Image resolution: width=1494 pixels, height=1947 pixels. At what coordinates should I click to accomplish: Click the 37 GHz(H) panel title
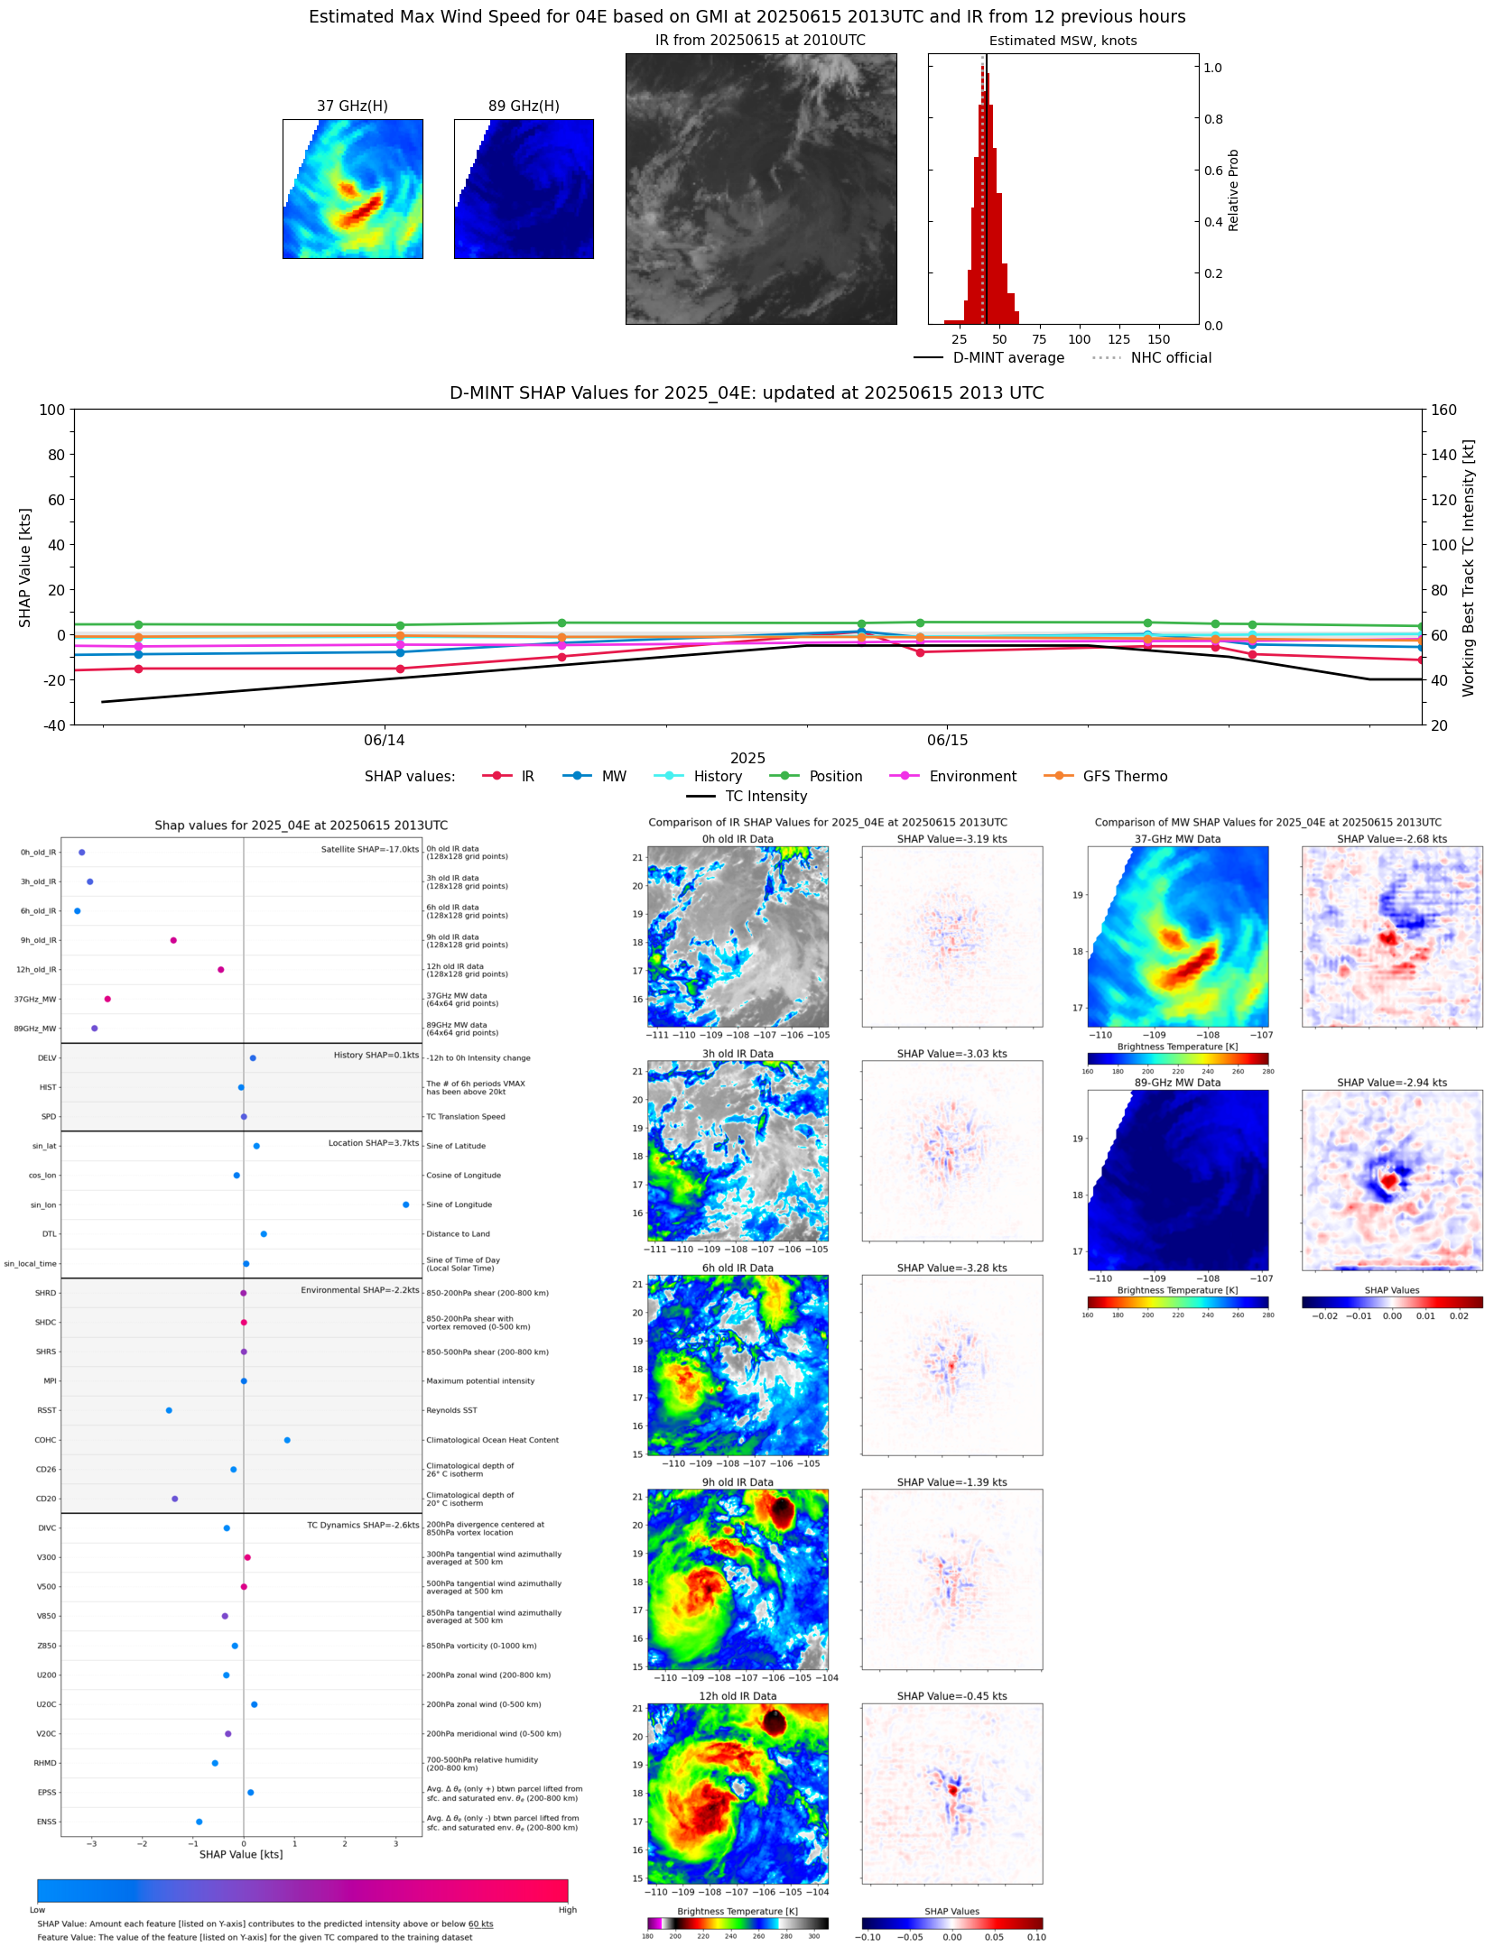pyautogui.click(x=352, y=106)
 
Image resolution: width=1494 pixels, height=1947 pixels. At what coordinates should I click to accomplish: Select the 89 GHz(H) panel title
pyautogui.click(x=524, y=106)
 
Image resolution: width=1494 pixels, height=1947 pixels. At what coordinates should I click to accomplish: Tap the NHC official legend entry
pyautogui.click(x=1170, y=358)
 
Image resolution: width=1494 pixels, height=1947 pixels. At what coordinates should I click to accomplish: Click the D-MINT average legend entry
pyautogui.click(x=1007, y=358)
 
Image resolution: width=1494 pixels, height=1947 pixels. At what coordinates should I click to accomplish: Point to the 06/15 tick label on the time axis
pyautogui.click(x=947, y=741)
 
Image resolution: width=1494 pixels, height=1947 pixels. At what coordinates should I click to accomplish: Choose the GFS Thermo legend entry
pyautogui.click(x=1124, y=777)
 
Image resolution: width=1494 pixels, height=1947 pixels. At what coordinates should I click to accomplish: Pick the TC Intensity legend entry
pyautogui.click(x=766, y=797)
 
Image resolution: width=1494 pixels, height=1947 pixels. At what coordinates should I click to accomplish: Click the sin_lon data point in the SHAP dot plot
pyautogui.click(x=406, y=1204)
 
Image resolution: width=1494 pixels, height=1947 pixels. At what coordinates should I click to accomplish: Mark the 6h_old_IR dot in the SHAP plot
pyautogui.click(x=78, y=911)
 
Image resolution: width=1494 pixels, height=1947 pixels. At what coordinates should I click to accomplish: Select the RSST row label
pyautogui.click(x=46, y=1410)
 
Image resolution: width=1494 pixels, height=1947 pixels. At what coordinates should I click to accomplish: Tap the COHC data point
pyautogui.click(x=287, y=1440)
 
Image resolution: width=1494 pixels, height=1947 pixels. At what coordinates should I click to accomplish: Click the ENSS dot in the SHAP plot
pyautogui.click(x=200, y=1822)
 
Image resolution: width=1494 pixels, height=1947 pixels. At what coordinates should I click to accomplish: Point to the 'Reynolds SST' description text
pyautogui.click(x=451, y=1410)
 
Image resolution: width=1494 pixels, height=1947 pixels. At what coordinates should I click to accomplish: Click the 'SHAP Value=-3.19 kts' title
pyautogui.click(x=951, y=839)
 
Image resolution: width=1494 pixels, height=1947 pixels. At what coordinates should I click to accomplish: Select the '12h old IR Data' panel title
pyautogui.click(x=738, y=1696)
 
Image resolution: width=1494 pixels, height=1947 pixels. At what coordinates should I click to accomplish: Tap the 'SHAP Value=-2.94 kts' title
pyautogui.click(x=1391, y=1083)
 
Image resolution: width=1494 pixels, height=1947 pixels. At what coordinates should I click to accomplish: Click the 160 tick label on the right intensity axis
pyautogui.click(x=1443, y=410)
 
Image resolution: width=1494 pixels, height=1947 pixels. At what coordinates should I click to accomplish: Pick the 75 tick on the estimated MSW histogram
pyautogui.click(x=1039, y=340)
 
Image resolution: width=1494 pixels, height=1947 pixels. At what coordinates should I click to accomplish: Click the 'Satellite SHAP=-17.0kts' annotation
pyautogui.click(x=370, y=849)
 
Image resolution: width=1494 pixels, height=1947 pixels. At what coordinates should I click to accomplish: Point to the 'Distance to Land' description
pyautogui.click(x=458, y=1234)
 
